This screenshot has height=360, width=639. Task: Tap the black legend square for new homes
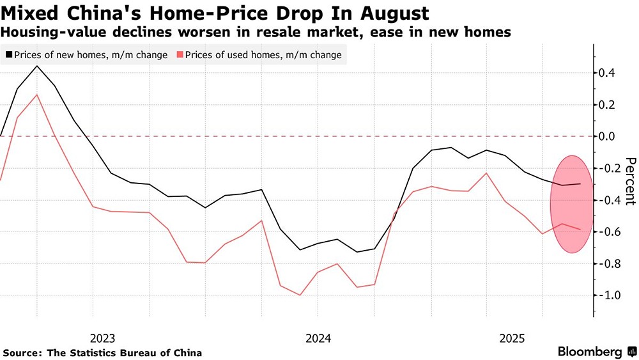[8, 55]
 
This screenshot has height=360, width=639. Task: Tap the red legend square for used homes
[181, 55]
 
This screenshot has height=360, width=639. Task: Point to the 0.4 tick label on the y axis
[608, 73]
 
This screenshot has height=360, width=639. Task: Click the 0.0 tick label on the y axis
[608, 136]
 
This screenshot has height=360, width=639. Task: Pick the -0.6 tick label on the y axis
[606, 231]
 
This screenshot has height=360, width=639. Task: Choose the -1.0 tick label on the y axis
[606, 295]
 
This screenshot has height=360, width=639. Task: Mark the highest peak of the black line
[36, 66]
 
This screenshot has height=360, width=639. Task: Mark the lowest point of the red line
[300, 295]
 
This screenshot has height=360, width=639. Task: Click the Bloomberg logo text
[590, 352]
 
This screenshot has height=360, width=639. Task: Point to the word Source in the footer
[19, 352]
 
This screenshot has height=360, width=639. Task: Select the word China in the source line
[188, 352]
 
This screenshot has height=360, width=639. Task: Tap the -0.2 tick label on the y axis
[606, 168]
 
